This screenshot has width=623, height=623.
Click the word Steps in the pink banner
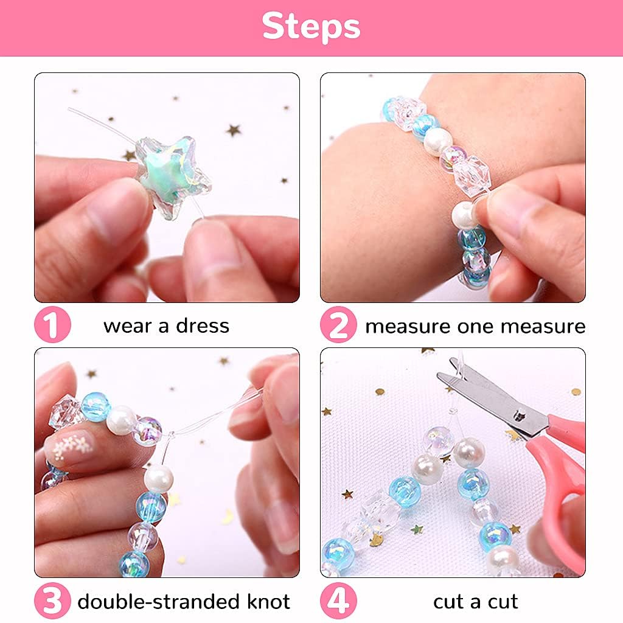click(311, 26)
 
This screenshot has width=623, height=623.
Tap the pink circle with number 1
click(52, 325)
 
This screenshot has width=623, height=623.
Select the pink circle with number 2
click(338, 325)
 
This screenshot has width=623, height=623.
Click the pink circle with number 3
click(52, 600)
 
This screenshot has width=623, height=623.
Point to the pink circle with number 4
click(338, 600)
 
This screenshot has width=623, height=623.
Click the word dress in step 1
click(203, 326)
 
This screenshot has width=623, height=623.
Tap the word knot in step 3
click(268, 601)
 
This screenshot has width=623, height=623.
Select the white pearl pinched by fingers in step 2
click(464, 215)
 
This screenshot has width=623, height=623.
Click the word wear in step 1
click(128, 327)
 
